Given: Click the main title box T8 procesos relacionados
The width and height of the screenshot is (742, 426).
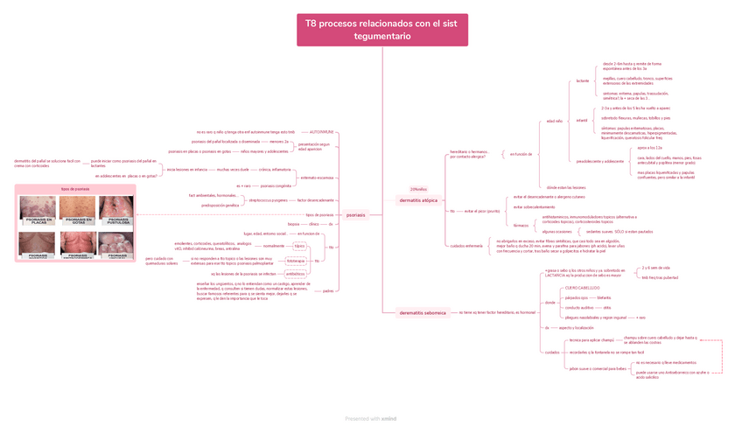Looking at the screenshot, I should [x=381, y=31].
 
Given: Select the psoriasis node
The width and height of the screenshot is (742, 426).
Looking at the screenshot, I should [x=356, y=214].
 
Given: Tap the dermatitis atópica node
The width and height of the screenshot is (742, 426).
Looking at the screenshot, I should [x=418, y=200].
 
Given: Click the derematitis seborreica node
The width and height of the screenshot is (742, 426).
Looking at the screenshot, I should [x=423, y=312].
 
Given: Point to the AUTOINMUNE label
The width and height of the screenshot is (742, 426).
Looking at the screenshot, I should [x=322, y=132].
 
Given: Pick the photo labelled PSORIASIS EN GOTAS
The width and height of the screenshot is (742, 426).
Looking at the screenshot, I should [x=77, y=211].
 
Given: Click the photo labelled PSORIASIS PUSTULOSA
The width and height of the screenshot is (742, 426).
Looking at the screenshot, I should [x=117, y=211].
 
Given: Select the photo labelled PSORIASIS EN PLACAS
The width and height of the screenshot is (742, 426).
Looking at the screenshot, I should [x=38, y=211].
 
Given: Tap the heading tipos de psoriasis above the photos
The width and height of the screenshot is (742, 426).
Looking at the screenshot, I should [x=76, y=189].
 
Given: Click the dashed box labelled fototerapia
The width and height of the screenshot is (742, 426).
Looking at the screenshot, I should [x=296, y=261].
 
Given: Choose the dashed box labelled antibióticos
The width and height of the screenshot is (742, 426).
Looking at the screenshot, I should [x=296, y=274].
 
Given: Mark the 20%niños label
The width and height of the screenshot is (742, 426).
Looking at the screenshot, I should [x=418, y=189].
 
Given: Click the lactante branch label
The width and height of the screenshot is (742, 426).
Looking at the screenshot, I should [x=583, y=81].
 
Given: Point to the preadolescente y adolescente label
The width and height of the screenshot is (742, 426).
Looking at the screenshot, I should [x=600, y=161].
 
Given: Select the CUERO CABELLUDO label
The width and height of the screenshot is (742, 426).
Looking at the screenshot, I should [x=582, y=287].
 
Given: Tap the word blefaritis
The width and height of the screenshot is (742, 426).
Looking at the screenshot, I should [x=604, y=297].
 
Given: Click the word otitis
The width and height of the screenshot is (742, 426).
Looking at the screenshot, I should [x=607, y=308].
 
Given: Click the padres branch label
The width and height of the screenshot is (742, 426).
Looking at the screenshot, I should [x=327, y=290].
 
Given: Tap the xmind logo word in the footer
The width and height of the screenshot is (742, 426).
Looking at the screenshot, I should [x=389, y=419].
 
